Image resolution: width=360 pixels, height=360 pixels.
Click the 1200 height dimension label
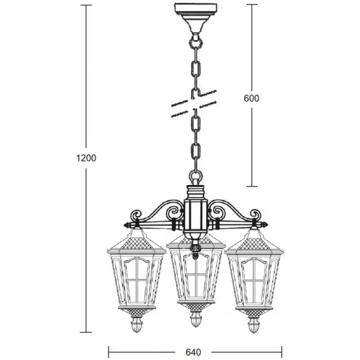pos(86,158)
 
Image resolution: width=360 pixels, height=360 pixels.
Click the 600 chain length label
pos(252,98)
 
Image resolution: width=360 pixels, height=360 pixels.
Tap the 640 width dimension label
pos(193,352)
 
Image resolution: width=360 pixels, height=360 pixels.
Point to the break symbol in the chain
pos(194,103)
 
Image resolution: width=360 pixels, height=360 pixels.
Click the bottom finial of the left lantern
pos(137,324)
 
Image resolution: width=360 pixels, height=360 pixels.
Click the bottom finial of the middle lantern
pos(196,319)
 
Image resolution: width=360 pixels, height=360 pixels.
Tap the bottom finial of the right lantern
pos(254,324)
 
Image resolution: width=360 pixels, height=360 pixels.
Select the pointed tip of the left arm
pos(125,225)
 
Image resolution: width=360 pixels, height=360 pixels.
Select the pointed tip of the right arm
pos(266,225)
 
